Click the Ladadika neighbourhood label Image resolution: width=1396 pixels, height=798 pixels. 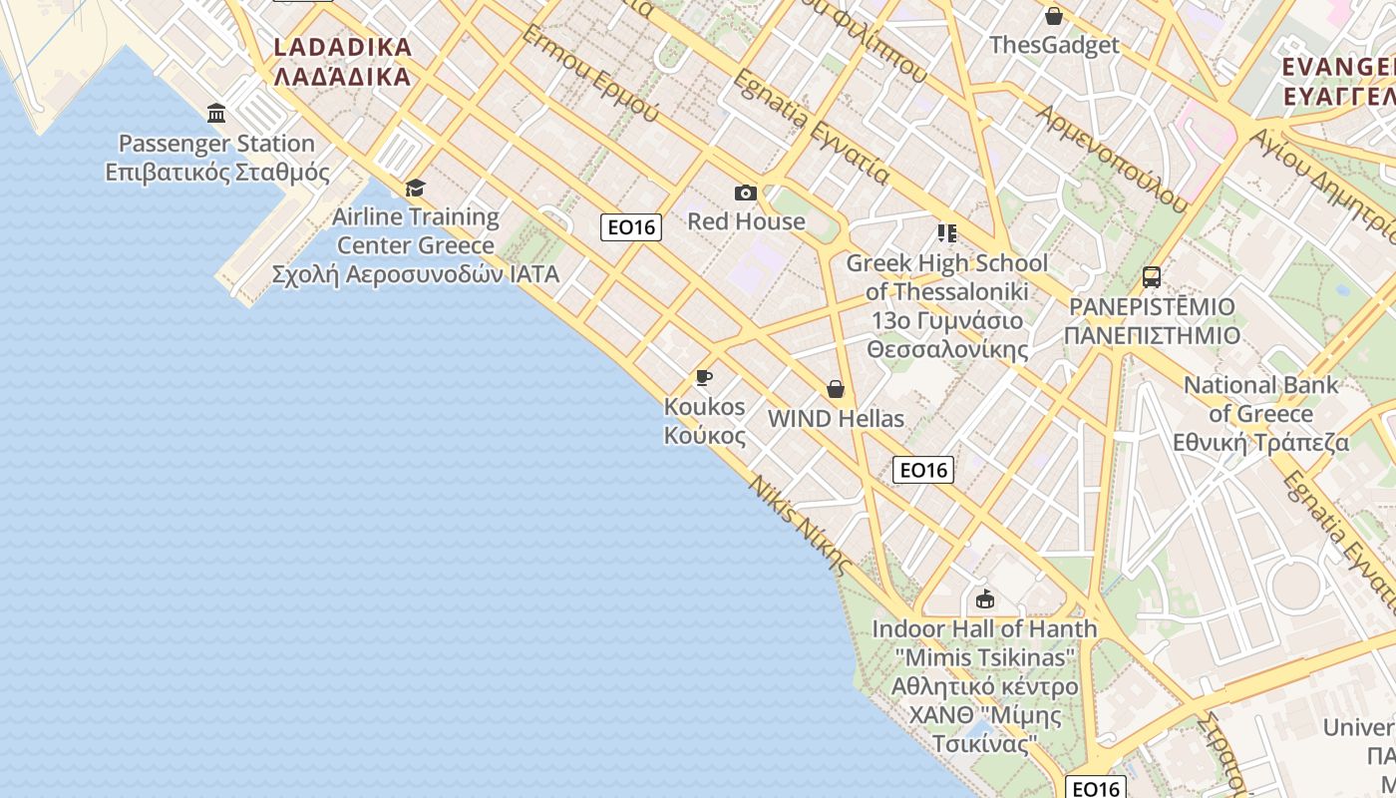tap(342, 62)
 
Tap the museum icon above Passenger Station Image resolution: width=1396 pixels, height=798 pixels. tap(216, 113)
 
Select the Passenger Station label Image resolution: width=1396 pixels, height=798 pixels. tap(216, 158)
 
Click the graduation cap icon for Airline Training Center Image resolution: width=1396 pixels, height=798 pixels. tap(415, 188)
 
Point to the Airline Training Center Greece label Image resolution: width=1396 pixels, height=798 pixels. tap(415, 245)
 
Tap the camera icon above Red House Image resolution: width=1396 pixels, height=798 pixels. tap(745, 193)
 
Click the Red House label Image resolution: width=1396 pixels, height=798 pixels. tap(746, 221)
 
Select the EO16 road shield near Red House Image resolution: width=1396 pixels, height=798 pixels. tap(631, 227)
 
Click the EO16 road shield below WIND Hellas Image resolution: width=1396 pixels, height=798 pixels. tap(922, 470)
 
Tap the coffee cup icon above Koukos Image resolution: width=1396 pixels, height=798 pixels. tap(704, 377)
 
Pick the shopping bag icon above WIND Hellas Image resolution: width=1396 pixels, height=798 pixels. tap(836, 389)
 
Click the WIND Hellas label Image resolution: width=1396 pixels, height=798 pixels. tap(836, 419)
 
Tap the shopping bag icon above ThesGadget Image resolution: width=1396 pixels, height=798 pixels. tap(1054, 16)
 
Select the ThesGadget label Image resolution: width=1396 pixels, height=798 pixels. tap(1054, 45)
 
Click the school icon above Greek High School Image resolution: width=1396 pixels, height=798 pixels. tap(946, 233)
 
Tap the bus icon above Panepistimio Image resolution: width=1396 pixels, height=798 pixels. tap(1152, 276)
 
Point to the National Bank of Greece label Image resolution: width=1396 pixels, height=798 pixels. tap(1260, 413)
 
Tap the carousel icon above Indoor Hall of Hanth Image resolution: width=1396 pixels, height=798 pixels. tap(985, 598)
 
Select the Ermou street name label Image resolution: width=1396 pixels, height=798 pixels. tap(589, 74)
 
